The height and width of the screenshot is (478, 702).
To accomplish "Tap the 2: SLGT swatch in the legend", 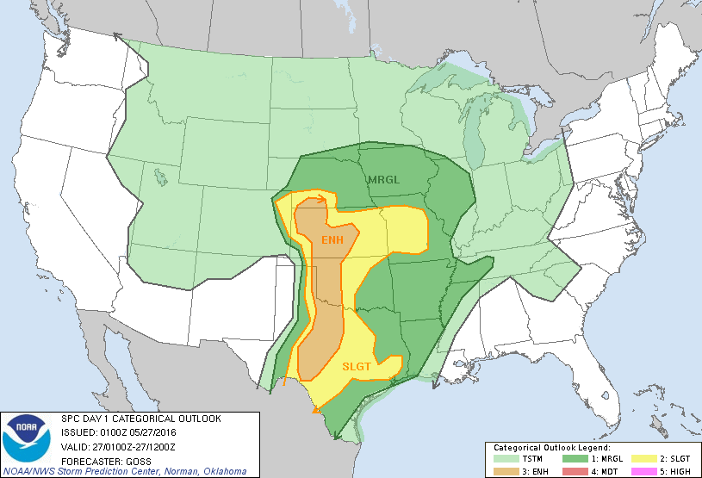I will tap(638, 459).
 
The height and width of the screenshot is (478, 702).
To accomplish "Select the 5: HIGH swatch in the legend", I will tap(638, 470).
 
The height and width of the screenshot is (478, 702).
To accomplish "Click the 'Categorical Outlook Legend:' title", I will tap(551, 448).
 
